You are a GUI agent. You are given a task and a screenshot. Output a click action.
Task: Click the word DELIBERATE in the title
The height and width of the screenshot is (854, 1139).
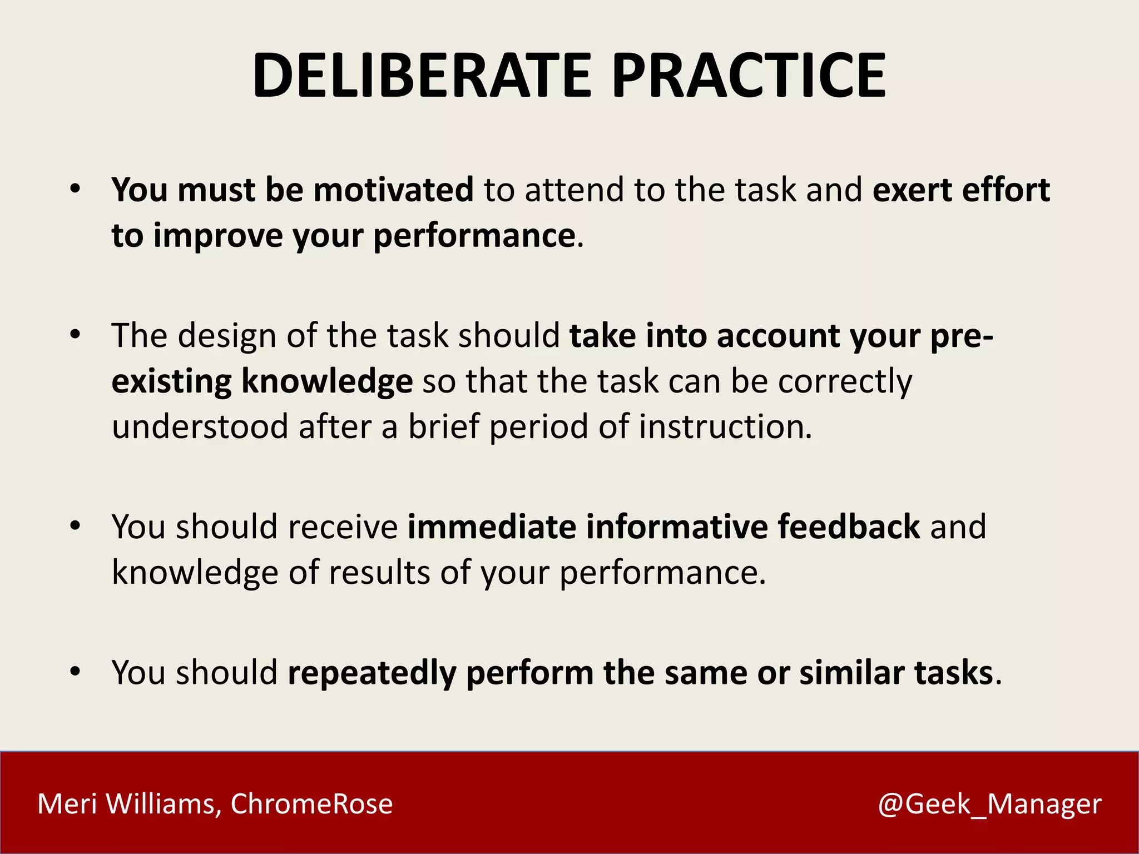(x=423, y=76)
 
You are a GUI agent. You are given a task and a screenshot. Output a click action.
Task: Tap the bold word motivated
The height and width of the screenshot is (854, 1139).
(x=393, y=190)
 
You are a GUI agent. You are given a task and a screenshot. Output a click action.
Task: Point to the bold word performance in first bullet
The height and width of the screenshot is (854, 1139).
(x=474, y=236)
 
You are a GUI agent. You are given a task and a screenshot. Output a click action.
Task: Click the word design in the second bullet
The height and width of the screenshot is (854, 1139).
(x=227, y=336)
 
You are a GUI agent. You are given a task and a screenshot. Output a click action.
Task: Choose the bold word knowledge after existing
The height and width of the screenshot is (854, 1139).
(x=327, y=382)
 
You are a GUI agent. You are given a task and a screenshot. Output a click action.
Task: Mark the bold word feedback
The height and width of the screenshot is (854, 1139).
(x=849, y=527)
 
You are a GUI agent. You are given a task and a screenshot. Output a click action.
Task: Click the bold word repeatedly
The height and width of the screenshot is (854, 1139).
(x=372, y=673)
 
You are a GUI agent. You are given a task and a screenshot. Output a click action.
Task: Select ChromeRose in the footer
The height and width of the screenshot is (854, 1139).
(x=311, y=804)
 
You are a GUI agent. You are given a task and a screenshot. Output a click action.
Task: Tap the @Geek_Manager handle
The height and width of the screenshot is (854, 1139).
(x=989, y=804)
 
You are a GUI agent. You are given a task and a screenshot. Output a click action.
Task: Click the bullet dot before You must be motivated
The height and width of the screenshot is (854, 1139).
(x=76, y=190)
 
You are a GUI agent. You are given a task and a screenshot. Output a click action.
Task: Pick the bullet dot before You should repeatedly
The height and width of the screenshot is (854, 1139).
(x=76, y=672)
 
